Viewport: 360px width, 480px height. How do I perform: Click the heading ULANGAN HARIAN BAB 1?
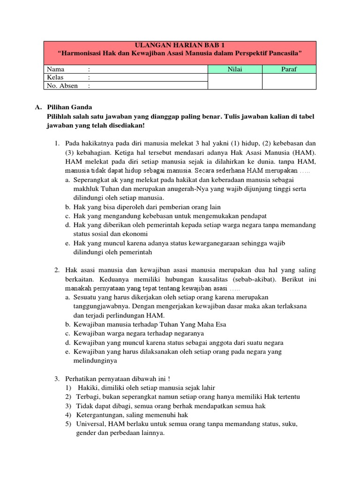(180, 45)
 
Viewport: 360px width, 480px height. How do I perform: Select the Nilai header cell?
(235, 69)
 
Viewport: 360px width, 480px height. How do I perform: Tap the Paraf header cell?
(289, 69)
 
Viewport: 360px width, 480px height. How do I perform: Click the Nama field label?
(56, 69)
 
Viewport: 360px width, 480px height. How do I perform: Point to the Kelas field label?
(55, 77)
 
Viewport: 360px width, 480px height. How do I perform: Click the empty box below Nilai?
(235, 82)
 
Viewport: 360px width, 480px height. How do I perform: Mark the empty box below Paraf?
(289, 82)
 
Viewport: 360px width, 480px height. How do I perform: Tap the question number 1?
(57, 142)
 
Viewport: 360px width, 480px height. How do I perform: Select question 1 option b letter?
(68, 207)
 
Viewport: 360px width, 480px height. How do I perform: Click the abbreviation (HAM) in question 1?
(306, 153)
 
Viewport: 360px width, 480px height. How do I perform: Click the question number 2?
(57, 270)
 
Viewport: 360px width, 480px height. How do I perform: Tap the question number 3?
(57, 379)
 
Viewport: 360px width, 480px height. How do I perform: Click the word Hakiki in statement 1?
(87, 388)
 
